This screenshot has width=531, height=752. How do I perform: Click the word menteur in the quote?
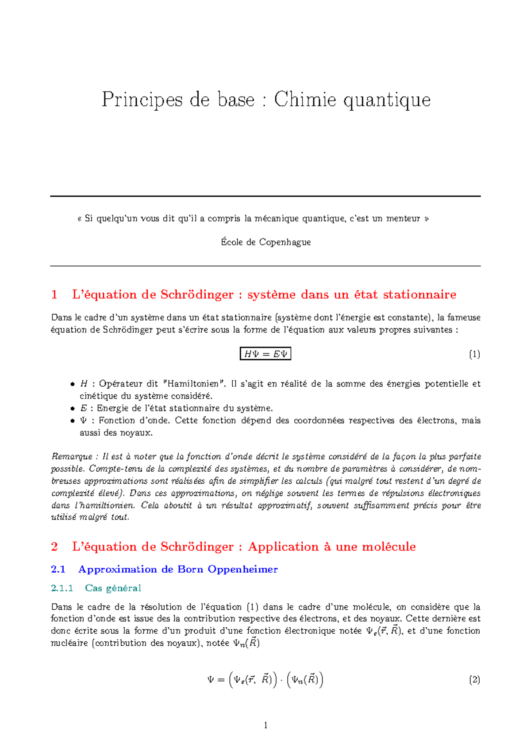(x=402, y=218)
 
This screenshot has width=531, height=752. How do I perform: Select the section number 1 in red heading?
(x=54, y=295)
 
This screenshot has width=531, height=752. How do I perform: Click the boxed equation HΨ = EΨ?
(x=265, y=354)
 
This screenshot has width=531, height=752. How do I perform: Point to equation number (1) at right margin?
(x=474, y=354)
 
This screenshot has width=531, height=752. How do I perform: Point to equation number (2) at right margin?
(x=474, y=679)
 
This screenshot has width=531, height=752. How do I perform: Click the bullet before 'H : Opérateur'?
(x=73, y=384)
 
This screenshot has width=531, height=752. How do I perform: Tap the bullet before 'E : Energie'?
(x=73, y=408)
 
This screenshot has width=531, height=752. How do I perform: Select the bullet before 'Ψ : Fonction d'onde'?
(x=73, y=421)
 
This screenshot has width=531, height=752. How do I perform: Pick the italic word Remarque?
(x=72, y=457)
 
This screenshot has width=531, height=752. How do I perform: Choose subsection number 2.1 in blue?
(x=58, y=569)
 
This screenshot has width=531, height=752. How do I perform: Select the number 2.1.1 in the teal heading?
(x=62, y=588)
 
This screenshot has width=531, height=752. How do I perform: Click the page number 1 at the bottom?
(x=265, y=725)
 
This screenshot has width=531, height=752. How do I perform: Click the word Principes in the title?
(x=142, y=99)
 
